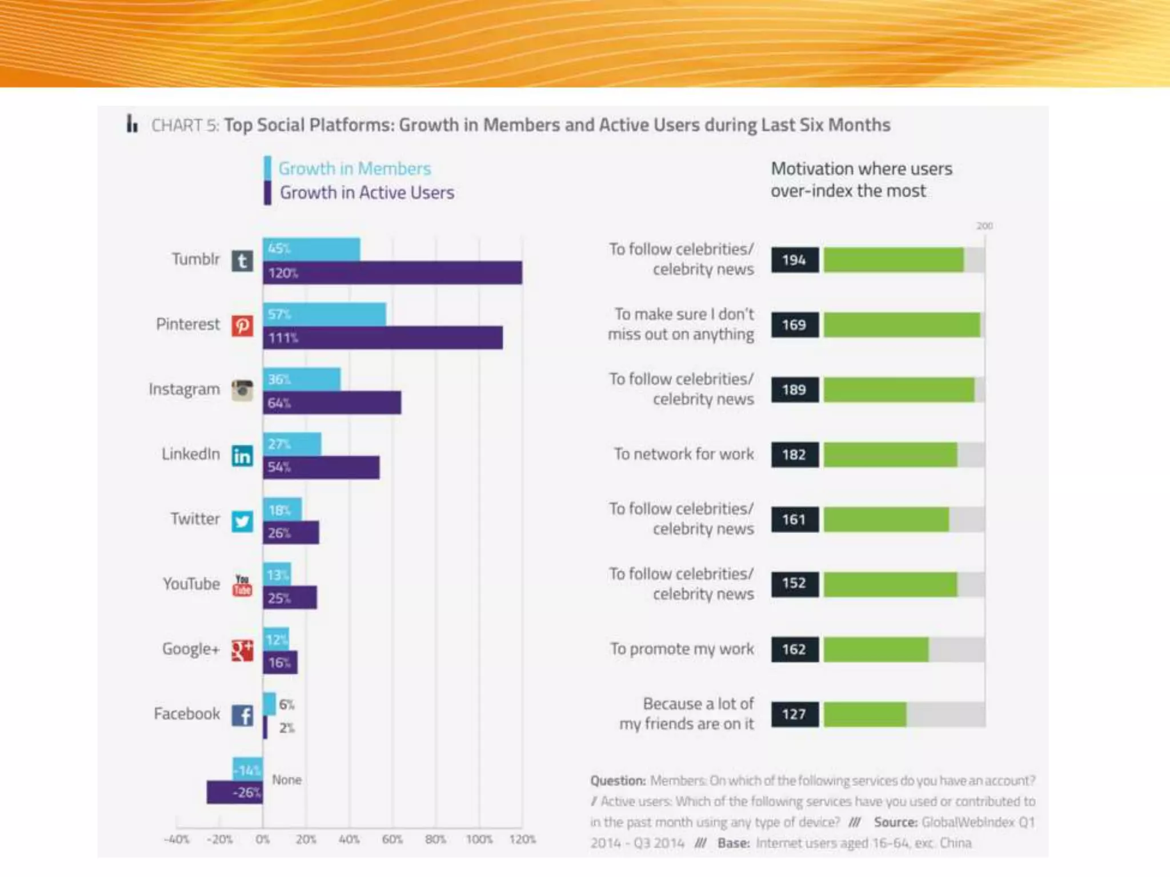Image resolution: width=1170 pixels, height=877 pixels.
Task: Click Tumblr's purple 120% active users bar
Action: pyautogui.click(x=392, y=273)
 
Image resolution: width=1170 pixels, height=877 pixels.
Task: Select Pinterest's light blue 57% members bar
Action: pyautogui.click(x=324, y=314)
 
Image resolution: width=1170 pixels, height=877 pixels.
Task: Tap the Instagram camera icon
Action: pyautogui.click(x=242, y=391)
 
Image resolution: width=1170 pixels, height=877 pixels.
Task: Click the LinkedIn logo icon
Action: pyautogui.click(x=242, y=456)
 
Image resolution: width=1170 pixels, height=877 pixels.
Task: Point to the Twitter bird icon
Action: pyautogui.click(x=242, y=521)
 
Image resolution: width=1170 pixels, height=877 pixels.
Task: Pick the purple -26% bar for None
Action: pyautogui.click(x=235, y=792)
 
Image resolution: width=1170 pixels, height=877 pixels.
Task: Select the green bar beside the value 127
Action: pyautogui.click(x=865, y=714)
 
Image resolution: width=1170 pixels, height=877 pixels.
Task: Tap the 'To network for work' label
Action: pyautogui.click(x=684, y=454)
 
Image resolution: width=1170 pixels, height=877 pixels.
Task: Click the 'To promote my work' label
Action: pyautogui.click(x=682, y=649)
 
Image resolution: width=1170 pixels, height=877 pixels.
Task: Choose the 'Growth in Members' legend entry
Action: pyautogui.click(x=354, y=168)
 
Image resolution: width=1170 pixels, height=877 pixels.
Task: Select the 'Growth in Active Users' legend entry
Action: pyautogui.click(x=367, y=193)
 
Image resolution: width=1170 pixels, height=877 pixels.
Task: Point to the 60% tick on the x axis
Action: pyautogui.click(x=392, y=839)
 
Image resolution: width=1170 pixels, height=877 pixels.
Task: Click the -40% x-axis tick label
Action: pyautogui.click(x=176, y=839)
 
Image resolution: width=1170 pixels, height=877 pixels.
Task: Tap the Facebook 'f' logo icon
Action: pyautogui.click(x=242, y=715)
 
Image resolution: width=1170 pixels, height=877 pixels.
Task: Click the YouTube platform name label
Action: pyautogui.click(x=191, y=584)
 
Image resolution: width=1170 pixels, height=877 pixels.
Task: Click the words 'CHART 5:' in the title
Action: pyautogui.click(x=185, y=125)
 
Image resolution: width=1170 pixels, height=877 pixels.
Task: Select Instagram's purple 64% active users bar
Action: pyautogui.click(x=332, y=403)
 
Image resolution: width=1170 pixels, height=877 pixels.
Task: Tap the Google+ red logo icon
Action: pyautogui.click(x=242, y=650)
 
